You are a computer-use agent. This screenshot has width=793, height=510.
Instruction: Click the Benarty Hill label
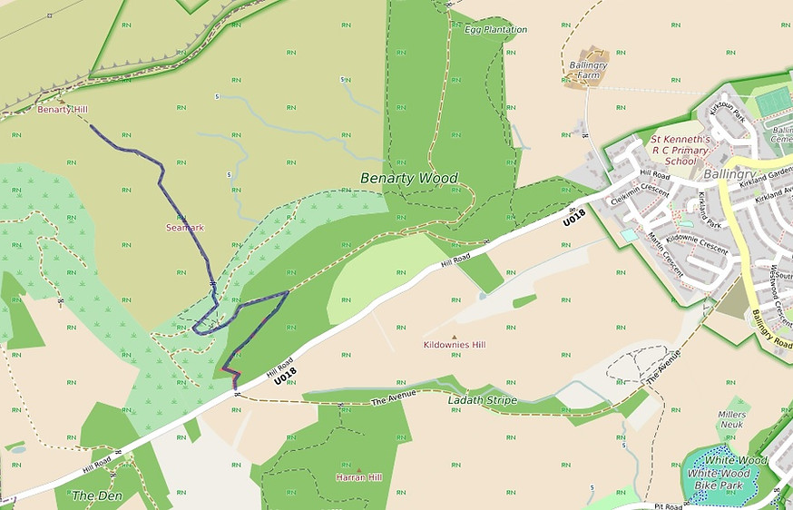click(62, 109)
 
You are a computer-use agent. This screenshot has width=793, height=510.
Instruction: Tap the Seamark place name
click(184, 227)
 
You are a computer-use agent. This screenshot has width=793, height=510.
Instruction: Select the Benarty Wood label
click(409, 178)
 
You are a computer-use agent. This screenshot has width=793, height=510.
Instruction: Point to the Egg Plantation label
click(495, 30)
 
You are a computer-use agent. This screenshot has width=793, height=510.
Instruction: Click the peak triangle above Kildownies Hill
click(455, 337)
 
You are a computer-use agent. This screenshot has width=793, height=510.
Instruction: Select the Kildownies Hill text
click(455, 346)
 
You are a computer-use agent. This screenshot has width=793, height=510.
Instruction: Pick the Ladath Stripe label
click(482, 399)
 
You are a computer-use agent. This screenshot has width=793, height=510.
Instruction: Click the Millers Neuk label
click(731, 419)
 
